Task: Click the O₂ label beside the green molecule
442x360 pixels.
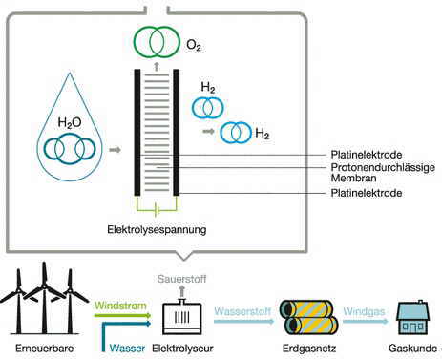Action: pos(194,45)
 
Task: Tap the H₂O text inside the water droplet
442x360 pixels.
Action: pos(70,122)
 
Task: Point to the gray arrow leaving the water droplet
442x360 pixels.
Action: pos(115,150)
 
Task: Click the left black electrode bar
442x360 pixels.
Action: pos(137,132)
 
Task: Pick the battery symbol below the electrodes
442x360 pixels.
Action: pos(157,210)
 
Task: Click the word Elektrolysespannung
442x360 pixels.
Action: pos(157,229)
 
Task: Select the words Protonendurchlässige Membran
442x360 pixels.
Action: pos(383,173)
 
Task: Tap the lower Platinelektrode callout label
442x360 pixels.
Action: pos(367,193)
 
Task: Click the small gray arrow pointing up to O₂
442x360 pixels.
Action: pos(157,66)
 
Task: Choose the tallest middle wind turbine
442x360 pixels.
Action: pos(44,298)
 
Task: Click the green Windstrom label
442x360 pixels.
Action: pos(120,306)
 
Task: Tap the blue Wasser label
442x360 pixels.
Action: pos(127,348)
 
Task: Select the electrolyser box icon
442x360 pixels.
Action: pos(182,317)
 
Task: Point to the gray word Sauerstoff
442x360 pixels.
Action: pos(182,279)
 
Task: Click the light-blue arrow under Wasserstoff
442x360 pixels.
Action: pos(243,321)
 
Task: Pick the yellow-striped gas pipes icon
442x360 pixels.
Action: pos(308,317)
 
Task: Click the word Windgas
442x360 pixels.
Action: pos(364,311)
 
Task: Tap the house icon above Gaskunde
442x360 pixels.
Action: pos(412,317)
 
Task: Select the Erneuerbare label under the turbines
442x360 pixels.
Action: pos(44,348)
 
